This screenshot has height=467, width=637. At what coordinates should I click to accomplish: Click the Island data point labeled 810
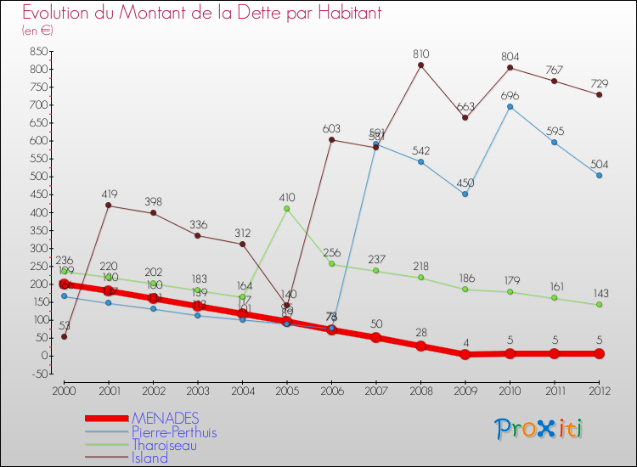[x=421, y=65]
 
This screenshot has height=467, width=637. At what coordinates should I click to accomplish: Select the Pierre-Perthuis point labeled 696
[x=510, y=106]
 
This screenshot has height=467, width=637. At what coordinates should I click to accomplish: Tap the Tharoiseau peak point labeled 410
[x=287, y=208]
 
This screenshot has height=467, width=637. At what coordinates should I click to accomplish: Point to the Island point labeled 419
[x=109, y=205]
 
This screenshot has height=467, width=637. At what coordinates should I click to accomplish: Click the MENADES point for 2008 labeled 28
[x=421, y=346]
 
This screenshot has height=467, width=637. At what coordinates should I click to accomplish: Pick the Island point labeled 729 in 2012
[x=599, y=94]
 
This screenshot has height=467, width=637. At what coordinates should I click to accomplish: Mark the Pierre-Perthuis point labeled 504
[x=599, y=175]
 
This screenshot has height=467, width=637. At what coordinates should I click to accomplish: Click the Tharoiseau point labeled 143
[x=599, y=305]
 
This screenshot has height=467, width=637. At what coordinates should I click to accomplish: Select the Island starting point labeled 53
[x=64, y=336]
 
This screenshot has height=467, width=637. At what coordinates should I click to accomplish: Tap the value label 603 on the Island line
[x=331, y=128]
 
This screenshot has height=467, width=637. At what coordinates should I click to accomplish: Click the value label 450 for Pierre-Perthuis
[x=465, y=183]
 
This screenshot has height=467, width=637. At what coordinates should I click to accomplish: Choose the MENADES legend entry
[x=166, y=418]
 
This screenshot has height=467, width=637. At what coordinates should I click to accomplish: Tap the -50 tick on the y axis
[x=37, y=374]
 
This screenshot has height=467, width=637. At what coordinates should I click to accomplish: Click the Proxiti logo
[x=539, y=429]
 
